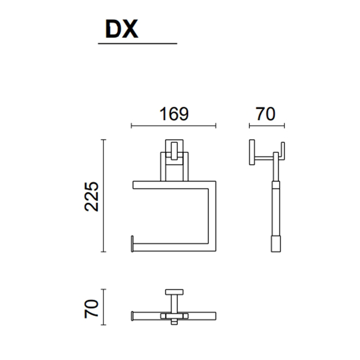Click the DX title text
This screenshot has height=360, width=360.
(122, 29)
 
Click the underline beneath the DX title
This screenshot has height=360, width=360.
(137, 43)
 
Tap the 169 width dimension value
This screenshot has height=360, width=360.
(174, 114)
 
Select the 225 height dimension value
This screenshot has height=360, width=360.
(92, 196)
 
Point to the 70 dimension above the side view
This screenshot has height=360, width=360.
(266, 114)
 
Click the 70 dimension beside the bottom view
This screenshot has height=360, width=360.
(92, 309)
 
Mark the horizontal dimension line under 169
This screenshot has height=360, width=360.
(174, 126)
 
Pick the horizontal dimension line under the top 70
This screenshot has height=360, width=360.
(267, 126)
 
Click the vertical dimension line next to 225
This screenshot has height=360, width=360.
(103, 195)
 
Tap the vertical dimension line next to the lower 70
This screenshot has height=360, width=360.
(103, 307)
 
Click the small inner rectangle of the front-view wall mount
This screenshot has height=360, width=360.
(174, 151)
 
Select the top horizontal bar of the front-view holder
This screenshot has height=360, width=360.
(174, 185)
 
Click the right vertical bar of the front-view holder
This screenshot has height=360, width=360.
(212, 217)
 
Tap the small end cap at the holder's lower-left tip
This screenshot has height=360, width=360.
(132, 244)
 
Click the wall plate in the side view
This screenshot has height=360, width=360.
(252, 152)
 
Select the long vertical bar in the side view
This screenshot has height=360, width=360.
(276, 202)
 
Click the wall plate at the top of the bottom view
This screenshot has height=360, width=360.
(174, 292)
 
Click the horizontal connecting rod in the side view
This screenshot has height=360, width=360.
(264, 158)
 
